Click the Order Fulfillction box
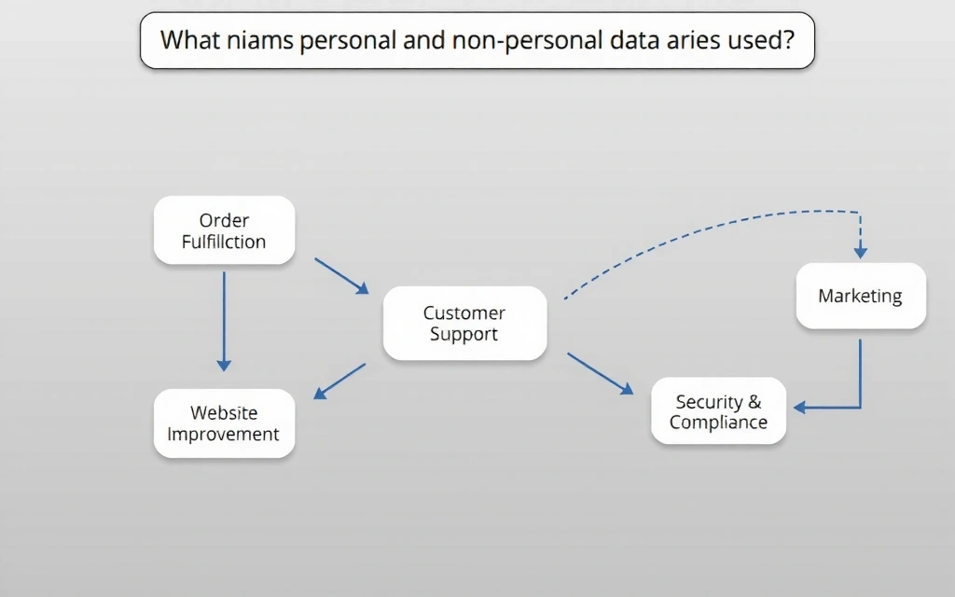click(x=224, y=230)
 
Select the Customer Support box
click(x=464, y=324)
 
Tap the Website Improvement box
click(x=224, y=423)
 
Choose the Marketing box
click(x=860, y=296)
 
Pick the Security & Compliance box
click(x=718, y=411)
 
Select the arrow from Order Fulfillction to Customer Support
click(x=341, y=276)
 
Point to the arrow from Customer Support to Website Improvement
click(x=339, y=381)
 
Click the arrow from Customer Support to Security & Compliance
click(x=600, y=373)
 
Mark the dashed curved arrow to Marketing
click(x=709, y=224)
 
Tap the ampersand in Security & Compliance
click(x=754, y=402)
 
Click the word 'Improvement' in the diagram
click(x=224, y=434)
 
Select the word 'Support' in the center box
click(x=464, y=334)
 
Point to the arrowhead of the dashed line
click(x=860, y=252)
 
